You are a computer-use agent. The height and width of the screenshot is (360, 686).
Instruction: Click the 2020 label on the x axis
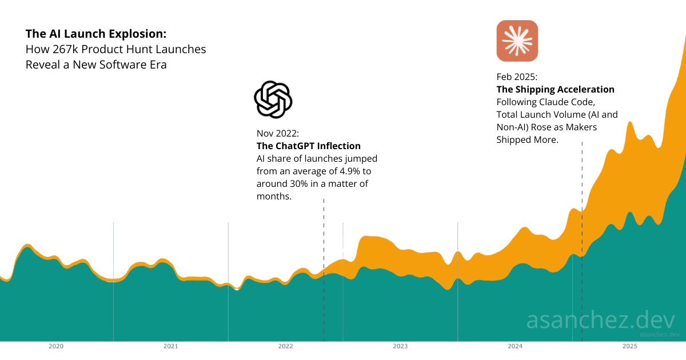click(x=56, y=346)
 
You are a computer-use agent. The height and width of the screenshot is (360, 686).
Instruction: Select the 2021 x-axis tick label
click(x=170, y=346)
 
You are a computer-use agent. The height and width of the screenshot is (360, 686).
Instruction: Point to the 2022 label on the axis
click(x=285, y=346)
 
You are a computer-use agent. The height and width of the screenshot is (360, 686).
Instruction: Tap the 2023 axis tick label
click(x=400, y=346)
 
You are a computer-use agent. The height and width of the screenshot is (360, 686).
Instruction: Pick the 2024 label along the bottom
click(x=515, y=346)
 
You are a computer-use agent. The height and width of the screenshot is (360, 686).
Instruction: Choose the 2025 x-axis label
click(x=629, y=346)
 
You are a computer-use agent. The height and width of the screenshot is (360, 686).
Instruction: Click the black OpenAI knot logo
click(x=273, y=99)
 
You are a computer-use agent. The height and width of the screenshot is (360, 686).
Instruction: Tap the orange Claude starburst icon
click(x=517, y=41)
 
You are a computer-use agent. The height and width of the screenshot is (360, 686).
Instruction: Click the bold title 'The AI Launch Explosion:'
click(x=96, y=34)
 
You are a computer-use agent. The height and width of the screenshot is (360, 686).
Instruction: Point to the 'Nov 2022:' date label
click(x=277, y=133)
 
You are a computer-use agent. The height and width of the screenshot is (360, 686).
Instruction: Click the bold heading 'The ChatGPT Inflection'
click(x=308, y=146)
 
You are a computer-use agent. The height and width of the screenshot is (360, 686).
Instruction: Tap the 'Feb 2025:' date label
click(x=517, y=77)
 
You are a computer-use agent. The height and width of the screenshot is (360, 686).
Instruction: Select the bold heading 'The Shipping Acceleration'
click(x=555, y=89)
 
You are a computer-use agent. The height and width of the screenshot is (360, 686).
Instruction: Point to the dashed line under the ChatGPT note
click(x=324, y=240)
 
